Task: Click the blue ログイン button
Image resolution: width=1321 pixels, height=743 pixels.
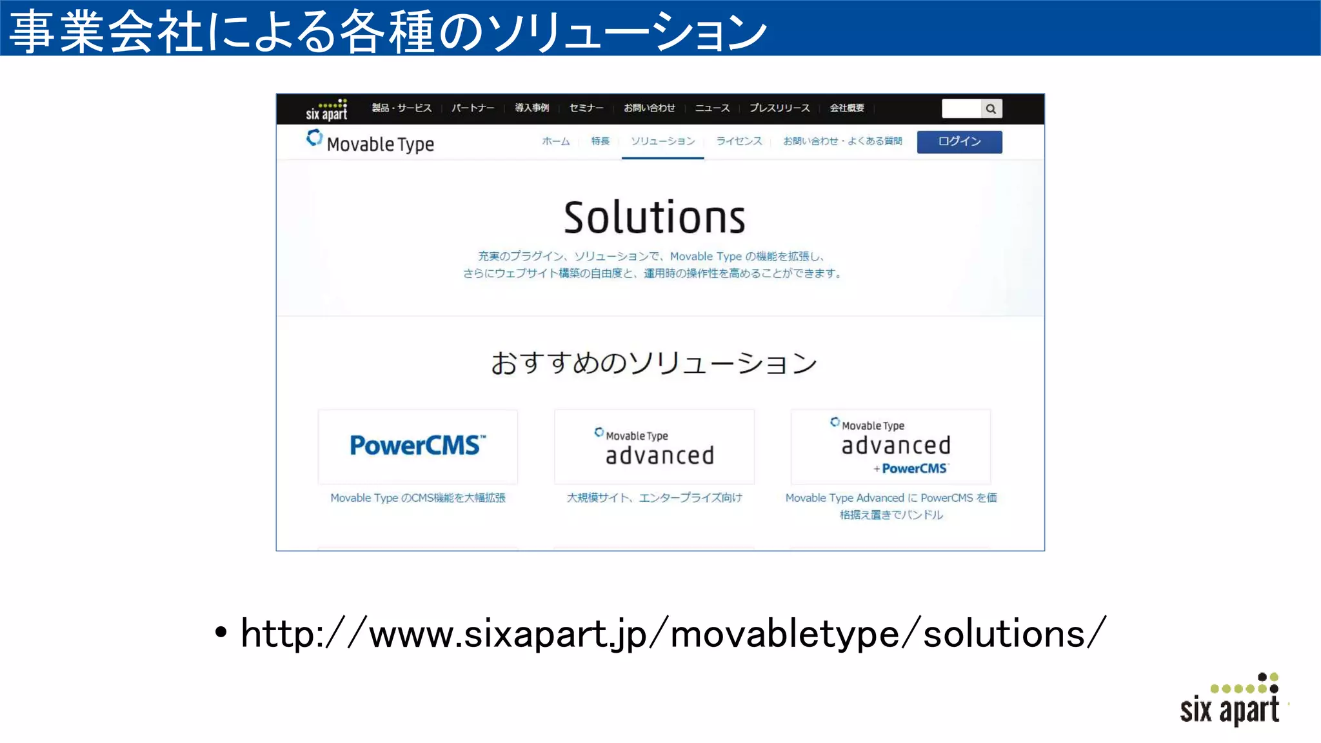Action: coord(959,142)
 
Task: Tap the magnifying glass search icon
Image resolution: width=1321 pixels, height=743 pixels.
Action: coord(991,109)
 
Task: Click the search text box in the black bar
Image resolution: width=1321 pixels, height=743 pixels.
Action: coord(961,109)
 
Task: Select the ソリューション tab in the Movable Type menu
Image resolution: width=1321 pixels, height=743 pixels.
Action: coord(662,141)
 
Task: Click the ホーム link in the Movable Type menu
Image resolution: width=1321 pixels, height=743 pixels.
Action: coord(555,141)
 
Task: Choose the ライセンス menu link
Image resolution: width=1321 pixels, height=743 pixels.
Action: coord(739,141)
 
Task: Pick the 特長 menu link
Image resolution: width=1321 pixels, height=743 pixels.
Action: coord(600,141)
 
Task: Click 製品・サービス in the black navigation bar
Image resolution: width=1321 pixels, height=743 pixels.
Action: coord(401,108)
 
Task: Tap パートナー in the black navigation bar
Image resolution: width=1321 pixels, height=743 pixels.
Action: coord(472,108)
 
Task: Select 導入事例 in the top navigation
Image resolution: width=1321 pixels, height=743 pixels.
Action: coord(531,108)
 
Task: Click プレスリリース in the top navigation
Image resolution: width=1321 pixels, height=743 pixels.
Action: coord(779,108)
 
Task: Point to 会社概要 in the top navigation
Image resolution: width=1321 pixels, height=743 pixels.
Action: coord(846,108)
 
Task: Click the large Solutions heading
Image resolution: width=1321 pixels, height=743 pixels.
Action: coord(654,217)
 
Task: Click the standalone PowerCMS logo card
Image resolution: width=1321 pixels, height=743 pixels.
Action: coord(417,446)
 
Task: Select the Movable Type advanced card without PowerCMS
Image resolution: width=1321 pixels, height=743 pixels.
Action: coord(654,446)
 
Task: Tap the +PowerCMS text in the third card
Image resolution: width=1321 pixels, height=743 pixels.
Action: coord(911,469)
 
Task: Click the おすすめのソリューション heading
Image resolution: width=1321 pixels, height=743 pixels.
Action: coord(654,363)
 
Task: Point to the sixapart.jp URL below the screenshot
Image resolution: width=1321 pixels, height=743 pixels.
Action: coord(673,633)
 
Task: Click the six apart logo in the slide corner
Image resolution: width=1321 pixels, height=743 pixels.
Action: coord(1230,701)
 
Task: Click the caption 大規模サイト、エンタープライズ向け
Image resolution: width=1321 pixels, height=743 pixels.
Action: coord(654,498)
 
